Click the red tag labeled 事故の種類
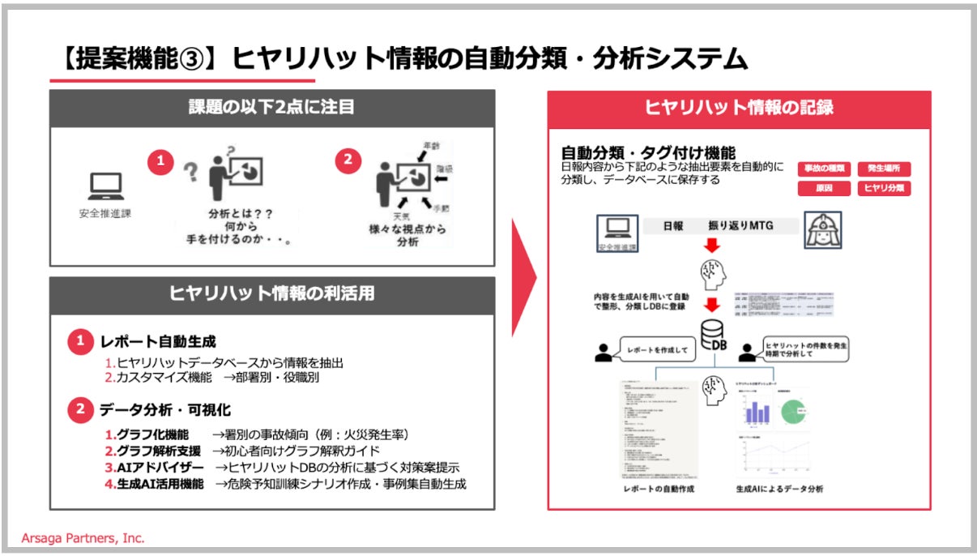tap(823, 169)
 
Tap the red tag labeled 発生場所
tap(884, 169)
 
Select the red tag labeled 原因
tap(823, 188)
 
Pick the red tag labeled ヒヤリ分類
tap(884, 188)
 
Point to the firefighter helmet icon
tap(822, 230)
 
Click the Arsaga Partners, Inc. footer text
tap(83, 538)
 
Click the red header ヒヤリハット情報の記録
tap(739, 108)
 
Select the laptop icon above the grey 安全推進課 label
tap(105, 189)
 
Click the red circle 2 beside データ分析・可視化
tap(79, 411)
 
